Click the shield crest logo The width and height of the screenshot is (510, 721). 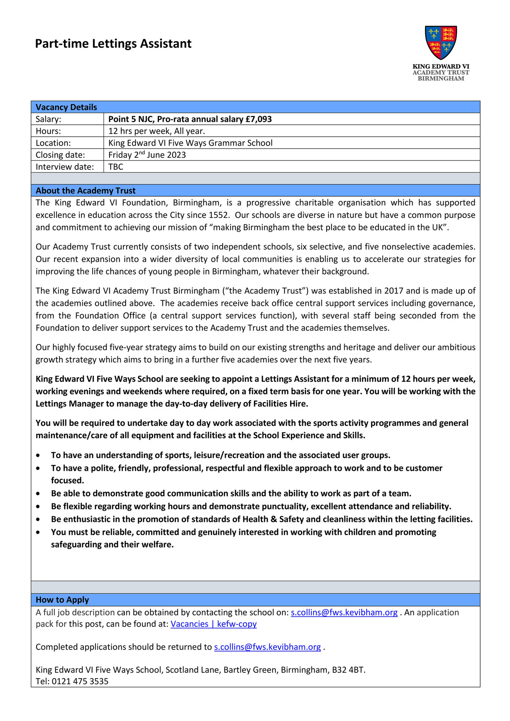[441, 42]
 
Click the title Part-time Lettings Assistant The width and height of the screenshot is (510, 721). [113, 44]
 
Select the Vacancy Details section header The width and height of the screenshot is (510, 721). [66, 107]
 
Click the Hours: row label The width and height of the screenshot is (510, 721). [48, 131]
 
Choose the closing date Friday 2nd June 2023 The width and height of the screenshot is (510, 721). [147, 155]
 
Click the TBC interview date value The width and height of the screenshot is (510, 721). [116, 167]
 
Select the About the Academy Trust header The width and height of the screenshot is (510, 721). [85, 191]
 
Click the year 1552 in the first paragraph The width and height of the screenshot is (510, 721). [218, 215]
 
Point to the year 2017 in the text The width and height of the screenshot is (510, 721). [394, 291]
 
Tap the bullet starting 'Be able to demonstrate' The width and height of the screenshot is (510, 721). [231, 493]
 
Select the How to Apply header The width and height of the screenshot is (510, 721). [62, 600]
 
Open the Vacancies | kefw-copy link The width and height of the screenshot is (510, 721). [213, 624]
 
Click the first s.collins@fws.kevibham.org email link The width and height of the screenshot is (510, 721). [344, 613]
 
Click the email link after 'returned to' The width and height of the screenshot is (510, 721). [267, 647]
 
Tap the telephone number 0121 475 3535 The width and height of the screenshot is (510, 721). [80, 681]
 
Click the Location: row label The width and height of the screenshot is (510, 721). [53, 143]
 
